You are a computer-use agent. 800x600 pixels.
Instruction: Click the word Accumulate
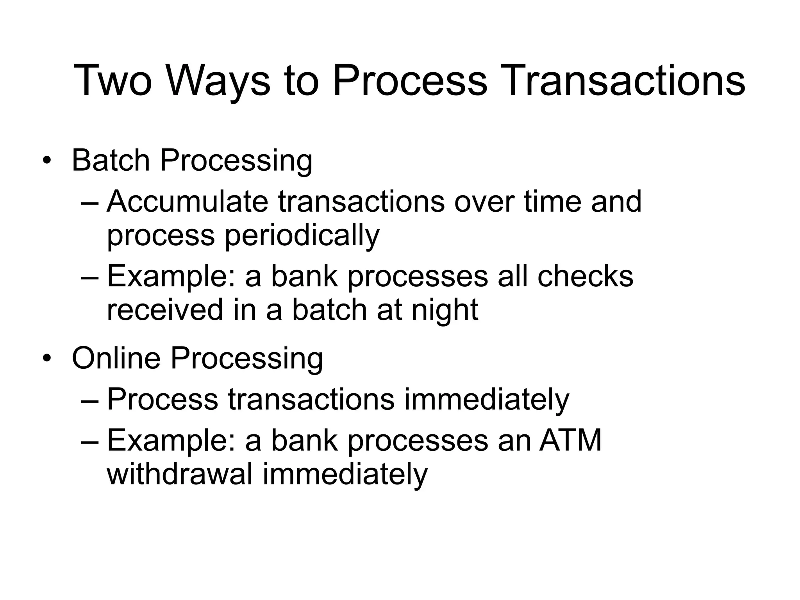pos(187,202)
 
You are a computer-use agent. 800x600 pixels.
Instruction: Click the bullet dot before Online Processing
pos(47,359)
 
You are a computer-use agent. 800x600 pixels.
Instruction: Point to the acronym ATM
pos(570,441)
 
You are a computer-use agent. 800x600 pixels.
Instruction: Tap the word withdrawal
pos(180,474)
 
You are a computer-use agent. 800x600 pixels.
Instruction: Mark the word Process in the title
pos(410,80)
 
